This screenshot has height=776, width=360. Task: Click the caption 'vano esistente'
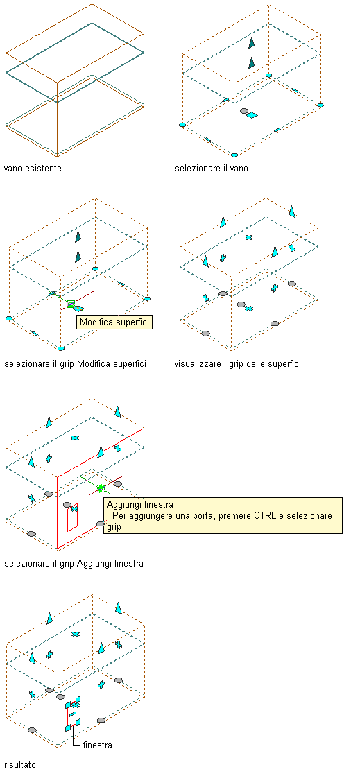click(33, 169)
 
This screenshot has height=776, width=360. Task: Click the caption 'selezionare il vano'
click(212, 169)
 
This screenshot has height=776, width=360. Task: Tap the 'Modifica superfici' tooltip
click(114, 322)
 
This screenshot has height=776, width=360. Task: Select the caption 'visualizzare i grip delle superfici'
click(238, 364)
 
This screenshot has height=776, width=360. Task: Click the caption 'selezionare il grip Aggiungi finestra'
click(74, 563)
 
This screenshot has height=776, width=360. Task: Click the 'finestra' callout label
click(98, 745)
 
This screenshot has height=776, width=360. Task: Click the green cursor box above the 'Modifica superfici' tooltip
click(71, 304)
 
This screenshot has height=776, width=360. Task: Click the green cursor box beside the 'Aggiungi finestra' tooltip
click(101, 488)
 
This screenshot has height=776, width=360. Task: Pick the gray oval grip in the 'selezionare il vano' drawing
click(243, 112)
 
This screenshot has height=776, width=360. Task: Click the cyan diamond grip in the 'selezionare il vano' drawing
click(252, 115)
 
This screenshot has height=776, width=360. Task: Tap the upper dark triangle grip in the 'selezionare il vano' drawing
click(252, 43)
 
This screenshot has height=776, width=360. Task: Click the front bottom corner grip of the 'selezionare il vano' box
click(234, 155)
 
